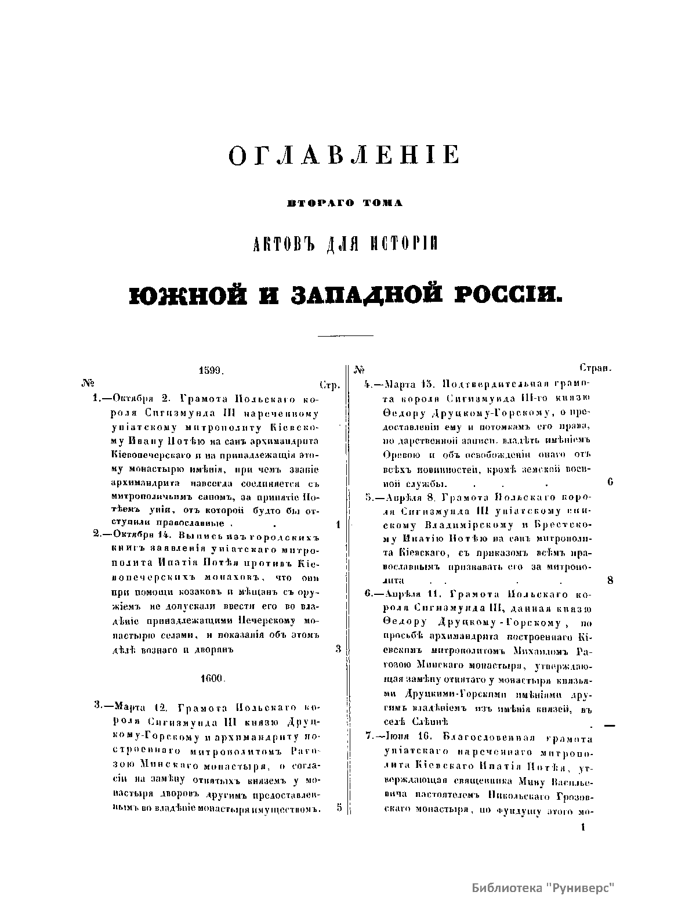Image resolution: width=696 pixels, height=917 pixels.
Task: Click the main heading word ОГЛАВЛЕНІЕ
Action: click(345, 156)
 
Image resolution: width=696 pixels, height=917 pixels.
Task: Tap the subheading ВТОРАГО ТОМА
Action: click(345, 203)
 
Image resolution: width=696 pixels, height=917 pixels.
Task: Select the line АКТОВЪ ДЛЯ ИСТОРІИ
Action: click(346, 244)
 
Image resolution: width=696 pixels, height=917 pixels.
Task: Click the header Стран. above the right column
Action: click(597, 368)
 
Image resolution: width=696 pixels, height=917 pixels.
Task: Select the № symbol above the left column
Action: click(89, 383)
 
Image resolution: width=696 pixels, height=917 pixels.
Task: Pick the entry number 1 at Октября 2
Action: click(96, 399)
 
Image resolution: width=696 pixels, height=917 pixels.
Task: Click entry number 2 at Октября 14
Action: click(96, 535)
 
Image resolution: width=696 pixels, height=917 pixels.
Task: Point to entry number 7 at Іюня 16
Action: click(369, 738)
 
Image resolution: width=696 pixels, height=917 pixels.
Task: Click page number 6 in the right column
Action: click(610, 482)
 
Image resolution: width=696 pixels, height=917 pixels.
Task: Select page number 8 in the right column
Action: click(610, 580)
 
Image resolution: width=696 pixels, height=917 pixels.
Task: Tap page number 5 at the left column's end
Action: click(339, 808)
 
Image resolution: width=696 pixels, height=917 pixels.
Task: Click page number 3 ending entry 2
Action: click(338, 649)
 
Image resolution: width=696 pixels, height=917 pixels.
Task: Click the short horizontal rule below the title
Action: click(345, 335)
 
